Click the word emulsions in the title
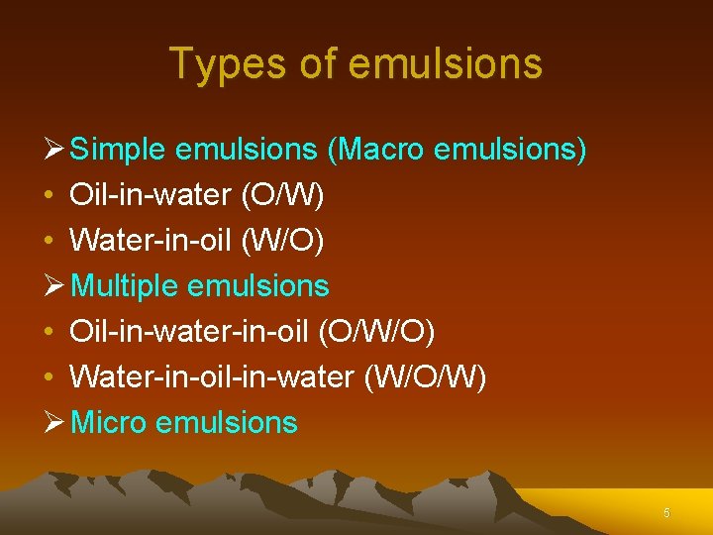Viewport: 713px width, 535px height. [446, 64]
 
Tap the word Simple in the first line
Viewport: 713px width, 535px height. [119, 151]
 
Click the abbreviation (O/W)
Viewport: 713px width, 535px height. [282, 196]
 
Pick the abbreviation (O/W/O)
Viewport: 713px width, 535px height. [376, 333]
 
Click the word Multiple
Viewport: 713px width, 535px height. [125, 287]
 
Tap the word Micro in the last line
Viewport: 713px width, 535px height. [110, 423]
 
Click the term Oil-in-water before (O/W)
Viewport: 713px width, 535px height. [150, 196]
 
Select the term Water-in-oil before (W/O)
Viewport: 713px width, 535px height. [150, 242]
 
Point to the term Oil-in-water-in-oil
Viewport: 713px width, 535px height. [190, 333]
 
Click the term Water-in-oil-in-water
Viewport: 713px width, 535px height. [213, 377]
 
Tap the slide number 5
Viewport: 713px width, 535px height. [666, 513]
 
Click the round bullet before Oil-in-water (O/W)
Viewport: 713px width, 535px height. [50, 196]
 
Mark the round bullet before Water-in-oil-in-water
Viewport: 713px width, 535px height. [50, 378]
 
